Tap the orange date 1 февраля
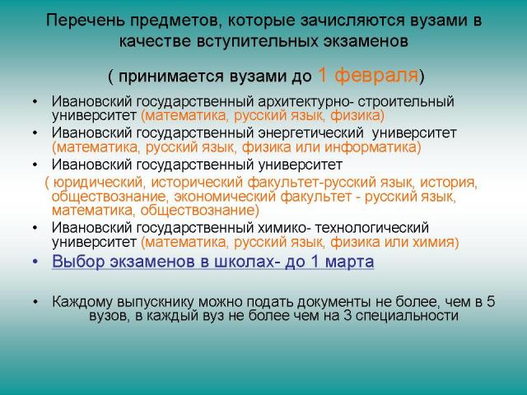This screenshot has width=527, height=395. click(368, 75)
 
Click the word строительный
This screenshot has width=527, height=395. click(406, 101)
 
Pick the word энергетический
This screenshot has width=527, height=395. click(311, 133)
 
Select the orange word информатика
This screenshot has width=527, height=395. click(371, 147)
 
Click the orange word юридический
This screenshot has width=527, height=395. click(98, 183)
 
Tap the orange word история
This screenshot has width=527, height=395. click(448, 183)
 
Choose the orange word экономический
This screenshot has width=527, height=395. click(225, 197)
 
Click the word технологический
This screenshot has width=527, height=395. click(371, 228)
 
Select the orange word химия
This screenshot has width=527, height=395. click(435, 242)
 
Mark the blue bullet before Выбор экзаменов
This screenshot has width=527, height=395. click(35, 262)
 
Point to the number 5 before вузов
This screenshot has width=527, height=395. click(491, 302)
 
